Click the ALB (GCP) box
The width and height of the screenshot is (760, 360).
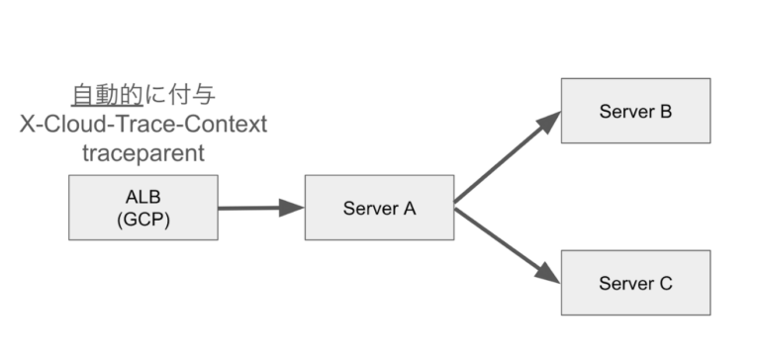[x=142, y=208]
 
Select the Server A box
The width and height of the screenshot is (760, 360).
[x=379, y=208]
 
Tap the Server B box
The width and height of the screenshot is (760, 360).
[x=635, y=110]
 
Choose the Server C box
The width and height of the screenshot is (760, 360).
[x=635, y=283]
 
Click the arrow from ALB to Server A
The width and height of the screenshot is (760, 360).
[x=252, y=208]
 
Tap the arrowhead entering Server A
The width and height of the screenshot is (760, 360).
[x=292, y=208]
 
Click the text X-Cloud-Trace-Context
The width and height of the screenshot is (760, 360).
[x=143, y=126]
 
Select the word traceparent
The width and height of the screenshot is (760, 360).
[x=143, y=154]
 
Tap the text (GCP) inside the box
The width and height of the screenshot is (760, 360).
[x=142, y=219]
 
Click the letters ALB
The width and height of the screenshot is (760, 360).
[x=142, y=197]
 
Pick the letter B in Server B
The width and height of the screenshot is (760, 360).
[x=666, y=110]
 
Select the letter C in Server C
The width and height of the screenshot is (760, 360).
[x=666, y=283]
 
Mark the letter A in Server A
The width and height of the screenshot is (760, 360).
[x=410, y=208]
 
